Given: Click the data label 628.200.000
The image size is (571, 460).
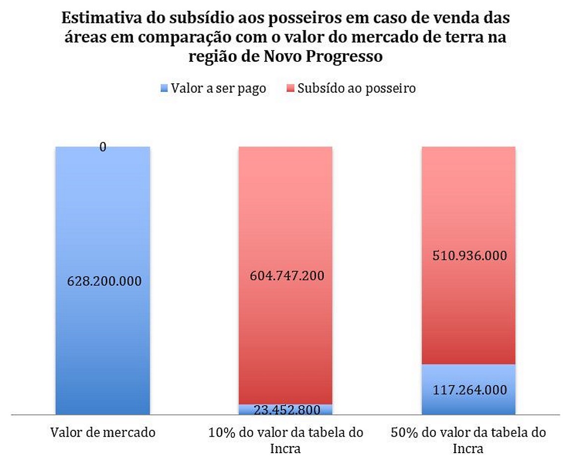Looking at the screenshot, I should pyautogui.click(x=103, y=281).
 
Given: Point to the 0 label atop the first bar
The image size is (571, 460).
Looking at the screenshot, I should pyautogui.click(x=103, y=147).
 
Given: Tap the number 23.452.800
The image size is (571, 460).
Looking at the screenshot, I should pyautogui.click(x=285, y=410).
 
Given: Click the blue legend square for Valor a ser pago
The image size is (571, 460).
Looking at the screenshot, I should pyautogui.click(x=166, y=89).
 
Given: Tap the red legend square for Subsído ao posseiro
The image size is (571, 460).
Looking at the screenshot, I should pyautogui.click(x=291, y=89).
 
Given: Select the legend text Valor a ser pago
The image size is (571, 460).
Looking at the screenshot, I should pyautogui.click(x=218, y=89).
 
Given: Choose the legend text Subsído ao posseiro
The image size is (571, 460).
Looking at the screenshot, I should pyautogui.click(x=356, y=89).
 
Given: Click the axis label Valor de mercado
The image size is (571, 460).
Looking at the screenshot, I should pyautogui.click(x=103, y=432).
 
